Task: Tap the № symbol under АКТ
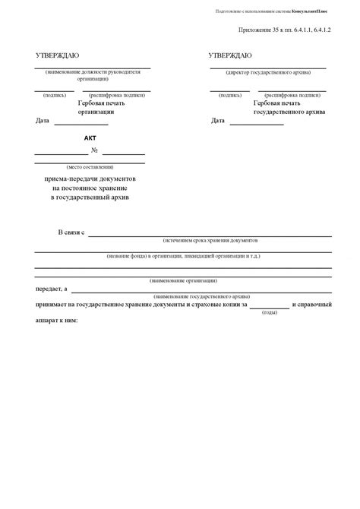94,151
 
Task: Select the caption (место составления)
90,165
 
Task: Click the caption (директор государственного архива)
269,72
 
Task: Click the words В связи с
71,232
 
